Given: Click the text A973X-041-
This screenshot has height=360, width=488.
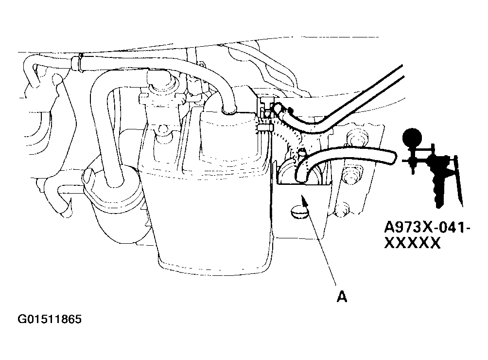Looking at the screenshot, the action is [427, 228].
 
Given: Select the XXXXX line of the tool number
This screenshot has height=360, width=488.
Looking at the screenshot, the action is [413, 243].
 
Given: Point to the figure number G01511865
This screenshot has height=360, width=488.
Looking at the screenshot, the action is [50, 319].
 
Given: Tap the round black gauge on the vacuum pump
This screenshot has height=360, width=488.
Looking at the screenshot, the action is [412, 137].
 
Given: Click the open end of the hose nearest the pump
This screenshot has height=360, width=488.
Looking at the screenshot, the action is [393, 158].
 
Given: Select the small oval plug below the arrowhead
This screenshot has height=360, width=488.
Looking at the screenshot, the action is [299, 214].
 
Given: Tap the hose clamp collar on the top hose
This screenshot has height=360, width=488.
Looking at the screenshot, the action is [76, 63].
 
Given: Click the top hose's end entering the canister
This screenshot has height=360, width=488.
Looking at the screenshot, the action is [229, 109].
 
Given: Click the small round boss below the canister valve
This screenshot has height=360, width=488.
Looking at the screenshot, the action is [162, 129].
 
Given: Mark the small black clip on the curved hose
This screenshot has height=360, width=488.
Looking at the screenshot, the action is [291, 110].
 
